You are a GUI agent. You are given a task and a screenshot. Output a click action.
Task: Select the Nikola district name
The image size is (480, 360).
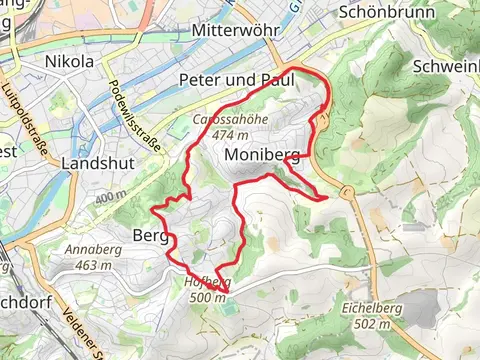70,62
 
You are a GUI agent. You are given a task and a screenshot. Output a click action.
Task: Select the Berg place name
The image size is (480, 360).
147,236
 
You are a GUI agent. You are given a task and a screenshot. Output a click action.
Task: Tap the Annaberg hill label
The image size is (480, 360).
92,250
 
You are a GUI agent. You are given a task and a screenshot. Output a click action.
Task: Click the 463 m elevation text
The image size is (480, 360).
92,265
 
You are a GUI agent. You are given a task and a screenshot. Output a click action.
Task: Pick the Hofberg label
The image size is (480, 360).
208,282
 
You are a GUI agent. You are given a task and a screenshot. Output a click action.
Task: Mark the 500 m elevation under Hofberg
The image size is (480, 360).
208,296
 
